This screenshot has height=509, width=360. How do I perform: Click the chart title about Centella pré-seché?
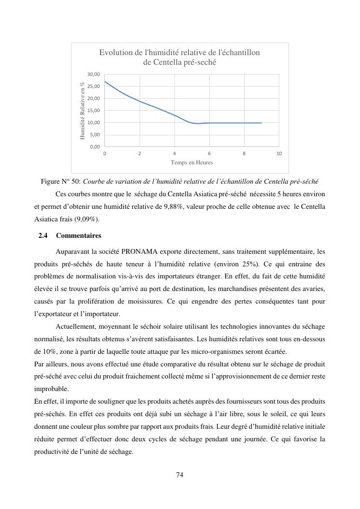180,57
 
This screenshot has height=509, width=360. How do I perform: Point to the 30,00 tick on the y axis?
94,74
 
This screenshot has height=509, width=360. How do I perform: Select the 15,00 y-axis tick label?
94,111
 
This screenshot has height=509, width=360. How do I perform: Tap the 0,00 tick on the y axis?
95,147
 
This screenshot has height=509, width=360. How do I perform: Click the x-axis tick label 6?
209,153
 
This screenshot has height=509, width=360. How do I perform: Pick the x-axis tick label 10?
279,153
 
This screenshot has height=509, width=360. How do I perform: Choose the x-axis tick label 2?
140,153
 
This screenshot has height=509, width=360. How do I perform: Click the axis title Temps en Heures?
191,162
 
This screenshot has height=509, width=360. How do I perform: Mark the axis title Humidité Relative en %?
83,111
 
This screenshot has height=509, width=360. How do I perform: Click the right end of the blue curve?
261,123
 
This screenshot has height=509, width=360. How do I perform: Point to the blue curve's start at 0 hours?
105,81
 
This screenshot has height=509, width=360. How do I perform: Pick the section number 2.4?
43,236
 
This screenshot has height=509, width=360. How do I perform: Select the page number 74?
180,475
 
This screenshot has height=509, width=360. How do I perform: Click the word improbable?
52,389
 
